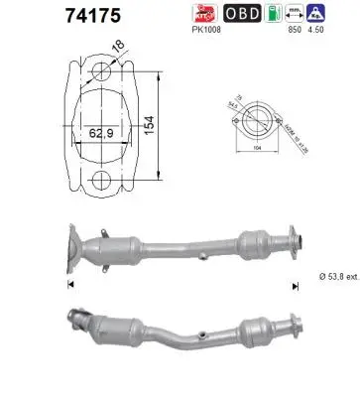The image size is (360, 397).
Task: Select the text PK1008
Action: [x=206, y=31]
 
